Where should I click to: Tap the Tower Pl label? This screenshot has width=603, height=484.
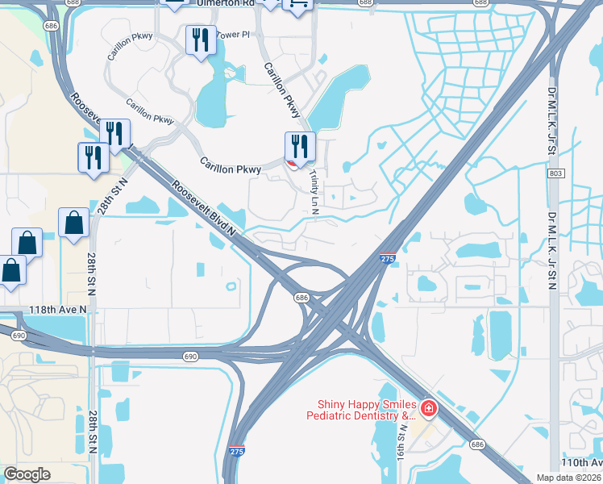235,35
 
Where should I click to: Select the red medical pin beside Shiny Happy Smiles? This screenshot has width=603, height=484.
427,410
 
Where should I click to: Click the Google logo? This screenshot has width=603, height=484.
27,474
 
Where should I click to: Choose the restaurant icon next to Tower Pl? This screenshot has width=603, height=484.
199,40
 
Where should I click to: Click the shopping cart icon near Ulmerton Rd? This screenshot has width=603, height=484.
297,5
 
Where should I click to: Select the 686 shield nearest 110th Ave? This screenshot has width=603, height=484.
477,444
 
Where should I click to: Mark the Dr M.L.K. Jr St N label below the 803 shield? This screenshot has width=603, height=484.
553,251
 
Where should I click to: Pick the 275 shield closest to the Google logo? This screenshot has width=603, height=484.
236,452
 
